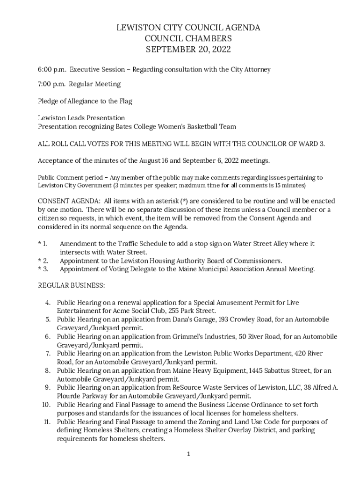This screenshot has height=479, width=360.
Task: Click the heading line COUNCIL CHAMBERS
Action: coord(188,39)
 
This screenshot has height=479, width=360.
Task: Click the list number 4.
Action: coord(48,303)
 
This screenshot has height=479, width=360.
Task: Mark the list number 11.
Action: coord(46,421)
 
